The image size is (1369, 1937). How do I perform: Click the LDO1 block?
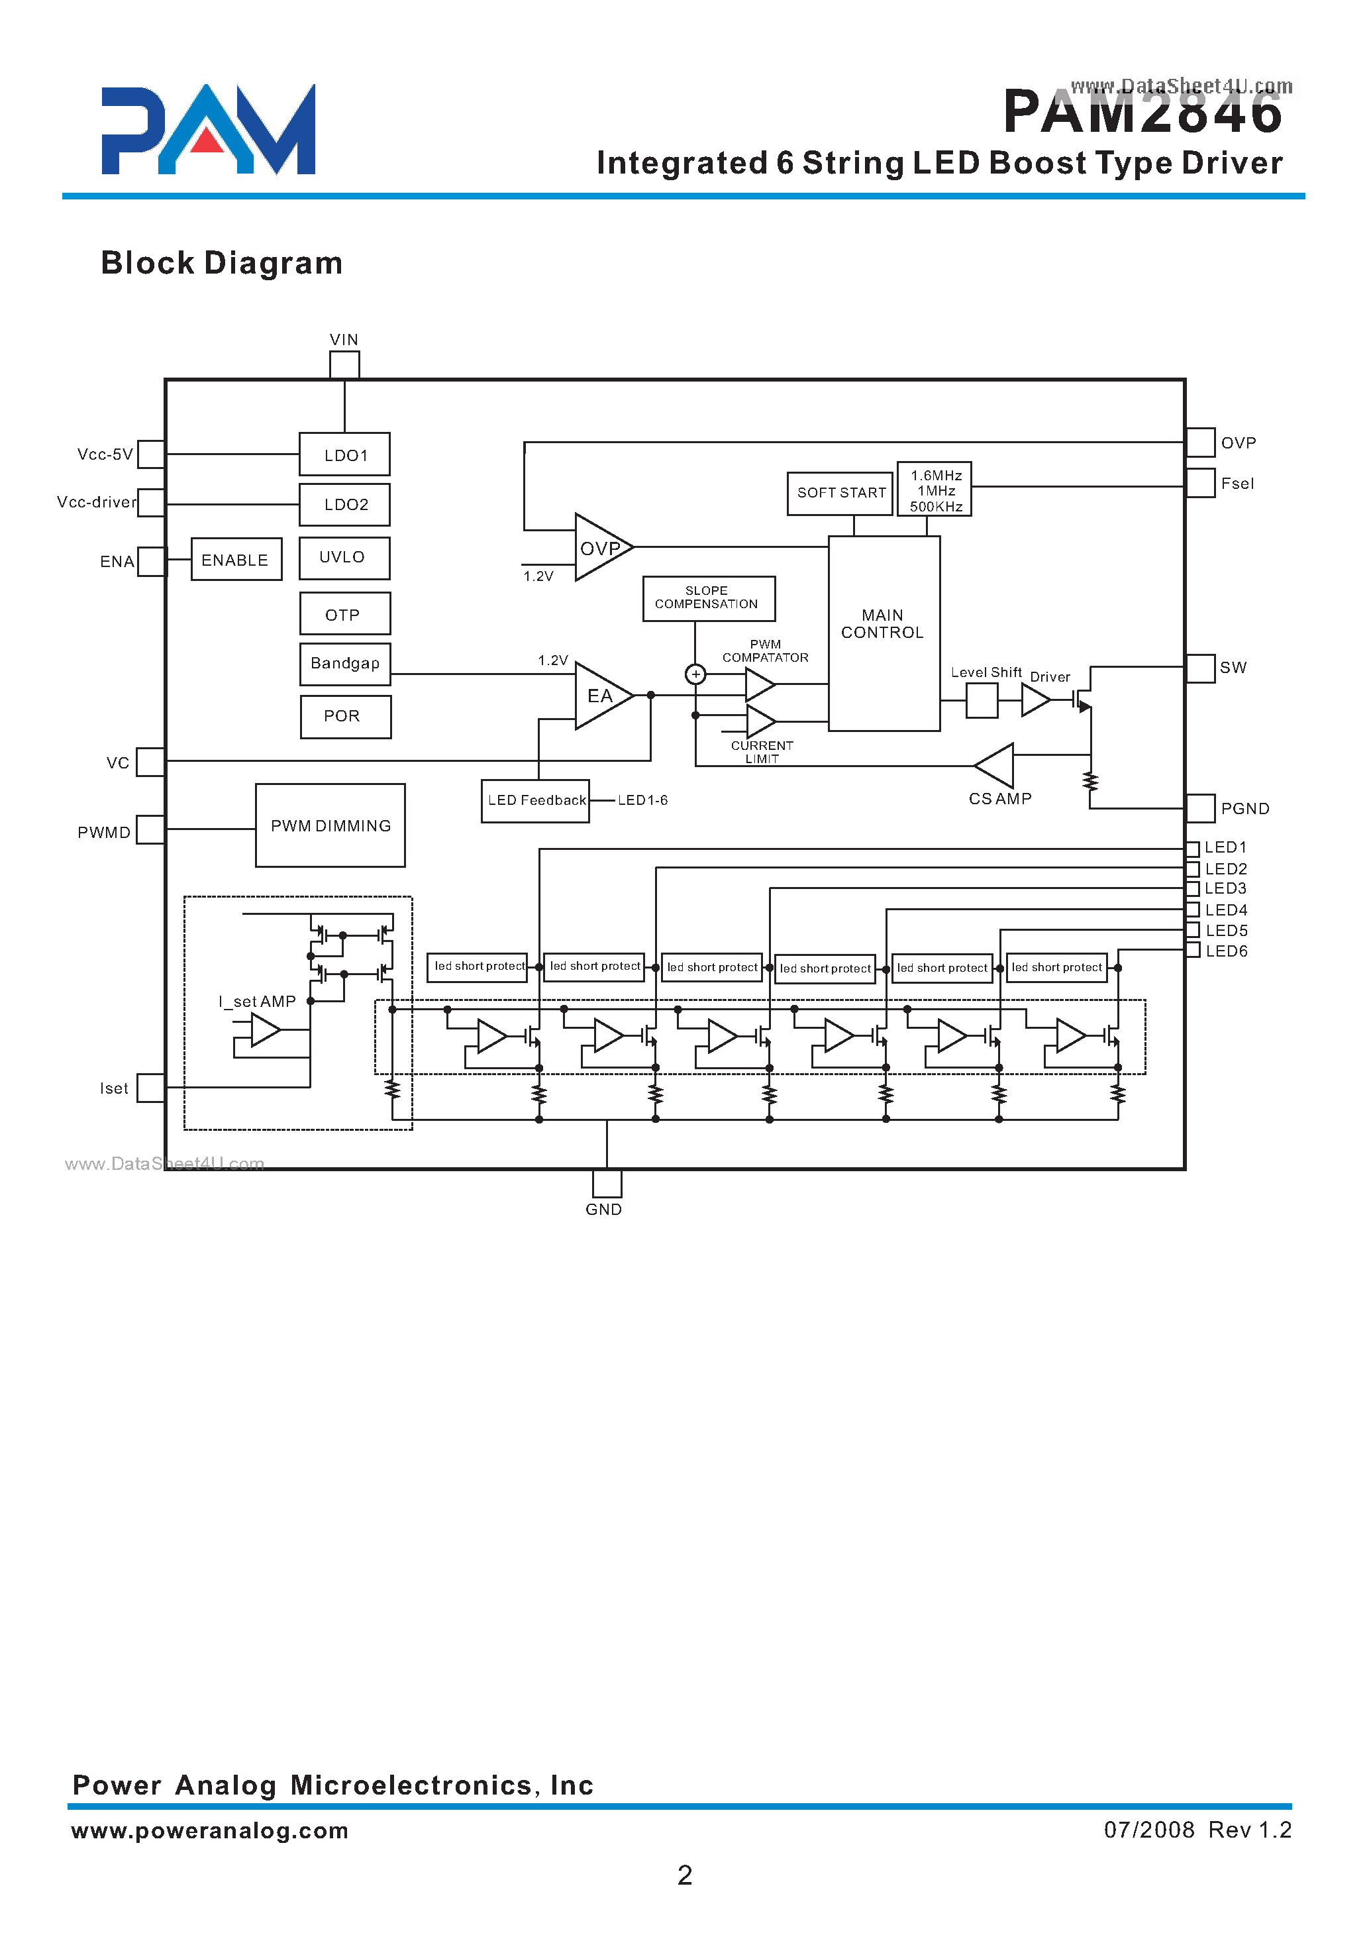click(344, 454)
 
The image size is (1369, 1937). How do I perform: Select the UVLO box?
click(344, 558)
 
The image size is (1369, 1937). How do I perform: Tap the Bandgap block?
click(345, 664)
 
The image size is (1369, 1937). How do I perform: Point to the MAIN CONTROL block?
click(883, 633)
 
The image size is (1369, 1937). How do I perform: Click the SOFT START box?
click(839, 493)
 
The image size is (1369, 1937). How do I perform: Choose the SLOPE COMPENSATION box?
click(709, 598)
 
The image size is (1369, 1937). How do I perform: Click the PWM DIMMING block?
click(330, 825)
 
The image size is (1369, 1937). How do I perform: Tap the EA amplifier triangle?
click(600, 696)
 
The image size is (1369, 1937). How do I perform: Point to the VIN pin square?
click(344, 364)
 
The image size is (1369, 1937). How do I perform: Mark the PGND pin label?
click(1244, 809)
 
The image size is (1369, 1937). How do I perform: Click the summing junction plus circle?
click(695, 674)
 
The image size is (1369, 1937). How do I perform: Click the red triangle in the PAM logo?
click(207, 141)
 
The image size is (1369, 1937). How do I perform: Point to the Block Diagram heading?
click(222, 263)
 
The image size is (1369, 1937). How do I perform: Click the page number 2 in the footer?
click(684, 1875)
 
